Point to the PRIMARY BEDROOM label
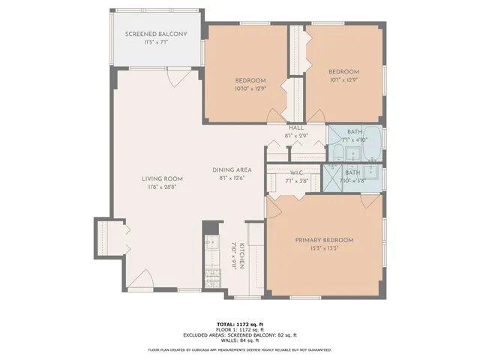click(x=324, y=240)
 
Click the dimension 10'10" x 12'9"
click(x=250, y=88)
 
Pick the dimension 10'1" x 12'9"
click(x=343, y=79)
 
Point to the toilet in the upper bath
click(x=338, y=155)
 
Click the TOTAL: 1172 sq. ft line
click(x=239, y=322)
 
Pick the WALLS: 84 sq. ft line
click(x=239, y=340)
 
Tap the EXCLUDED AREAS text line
click(x=239, y=334)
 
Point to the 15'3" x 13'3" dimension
click(x=324, y=248)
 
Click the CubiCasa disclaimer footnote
click(x=239, y=349)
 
